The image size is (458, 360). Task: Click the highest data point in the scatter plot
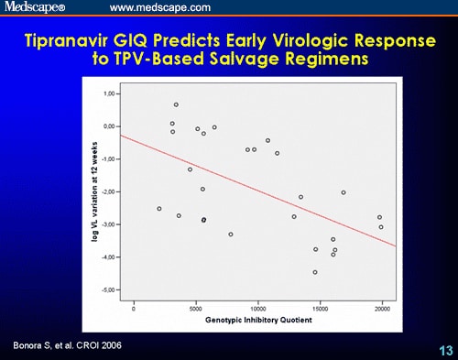click(176, 104)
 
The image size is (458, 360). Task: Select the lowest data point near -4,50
click(315, 272)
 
